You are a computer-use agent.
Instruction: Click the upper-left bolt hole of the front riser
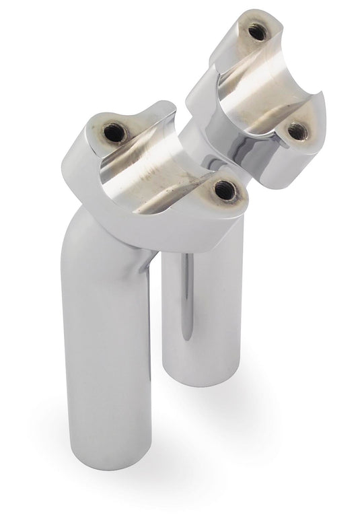pyautogui.click(x=115, y=133)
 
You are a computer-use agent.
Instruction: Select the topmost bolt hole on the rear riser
pyautogui.click(x=255, y=31)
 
